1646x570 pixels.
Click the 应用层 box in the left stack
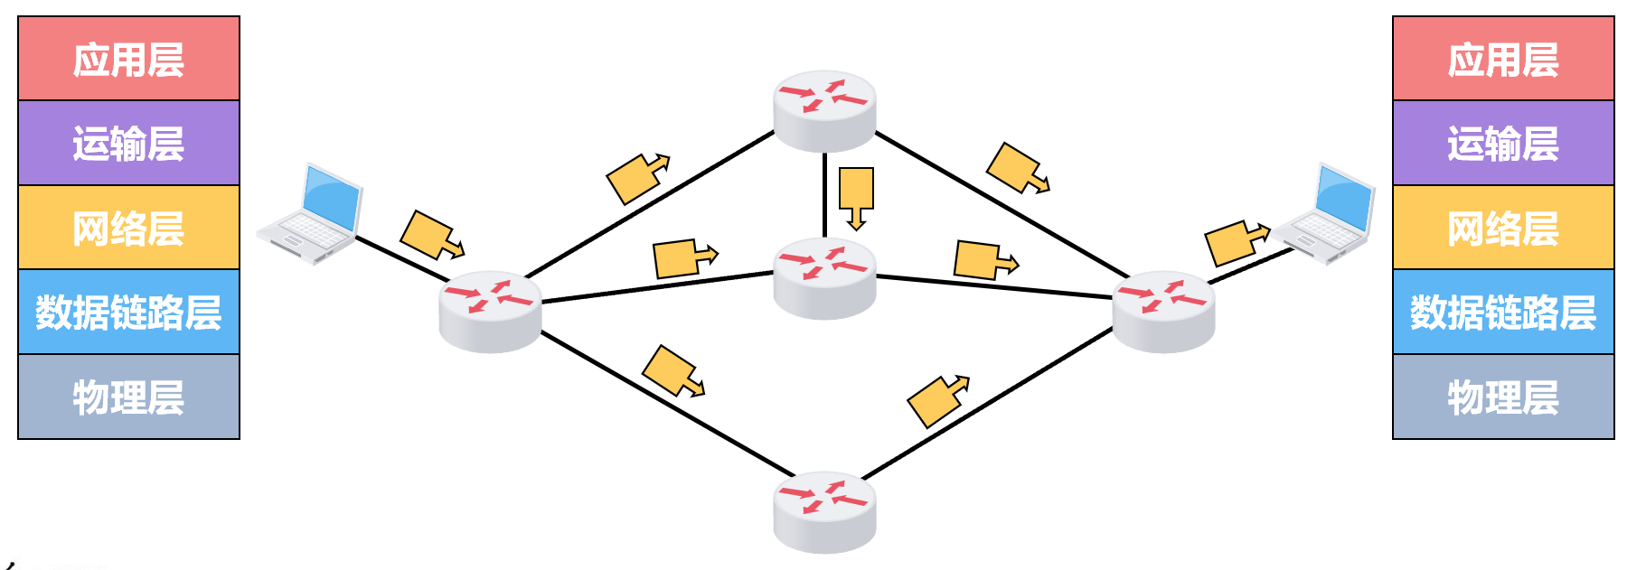click(128, 59)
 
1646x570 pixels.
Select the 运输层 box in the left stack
click(128, 143)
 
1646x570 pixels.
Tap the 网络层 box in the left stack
click(128, 228)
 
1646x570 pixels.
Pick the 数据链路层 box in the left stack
click(128, 312)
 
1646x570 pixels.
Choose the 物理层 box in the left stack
click(128, 397)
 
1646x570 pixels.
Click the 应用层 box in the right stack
click(1503, 59)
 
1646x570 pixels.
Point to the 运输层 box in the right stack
click(1503, 143)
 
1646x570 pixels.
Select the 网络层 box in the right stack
click(1503, 228)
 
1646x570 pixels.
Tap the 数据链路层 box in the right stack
click(1503, 312)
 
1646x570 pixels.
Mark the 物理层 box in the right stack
click(1503, 397)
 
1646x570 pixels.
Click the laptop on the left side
click(312, 215)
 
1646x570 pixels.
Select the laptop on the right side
click(1327, 215)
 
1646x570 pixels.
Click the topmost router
click(824, 110)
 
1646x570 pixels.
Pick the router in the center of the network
click(824, 277)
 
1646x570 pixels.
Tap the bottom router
click(824, 511)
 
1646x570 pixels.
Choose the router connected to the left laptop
click(490, 311)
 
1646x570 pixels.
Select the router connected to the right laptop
click(1163, 311)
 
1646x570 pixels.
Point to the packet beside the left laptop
click(430, 236)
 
